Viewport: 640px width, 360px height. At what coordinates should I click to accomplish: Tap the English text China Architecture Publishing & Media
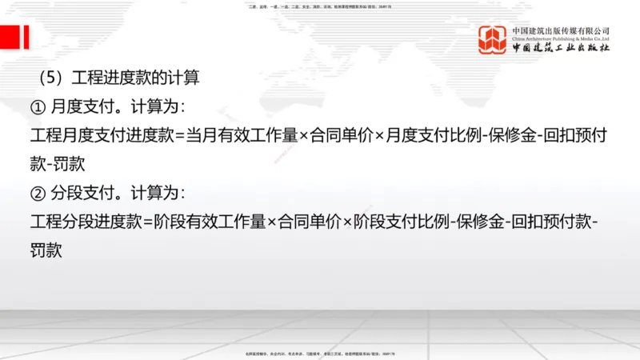[562, 38]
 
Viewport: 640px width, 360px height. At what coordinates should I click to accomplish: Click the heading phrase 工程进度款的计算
[134, 78]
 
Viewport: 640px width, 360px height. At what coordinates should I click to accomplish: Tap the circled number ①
[36, 106]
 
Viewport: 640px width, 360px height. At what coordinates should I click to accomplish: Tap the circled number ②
[36, 193]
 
